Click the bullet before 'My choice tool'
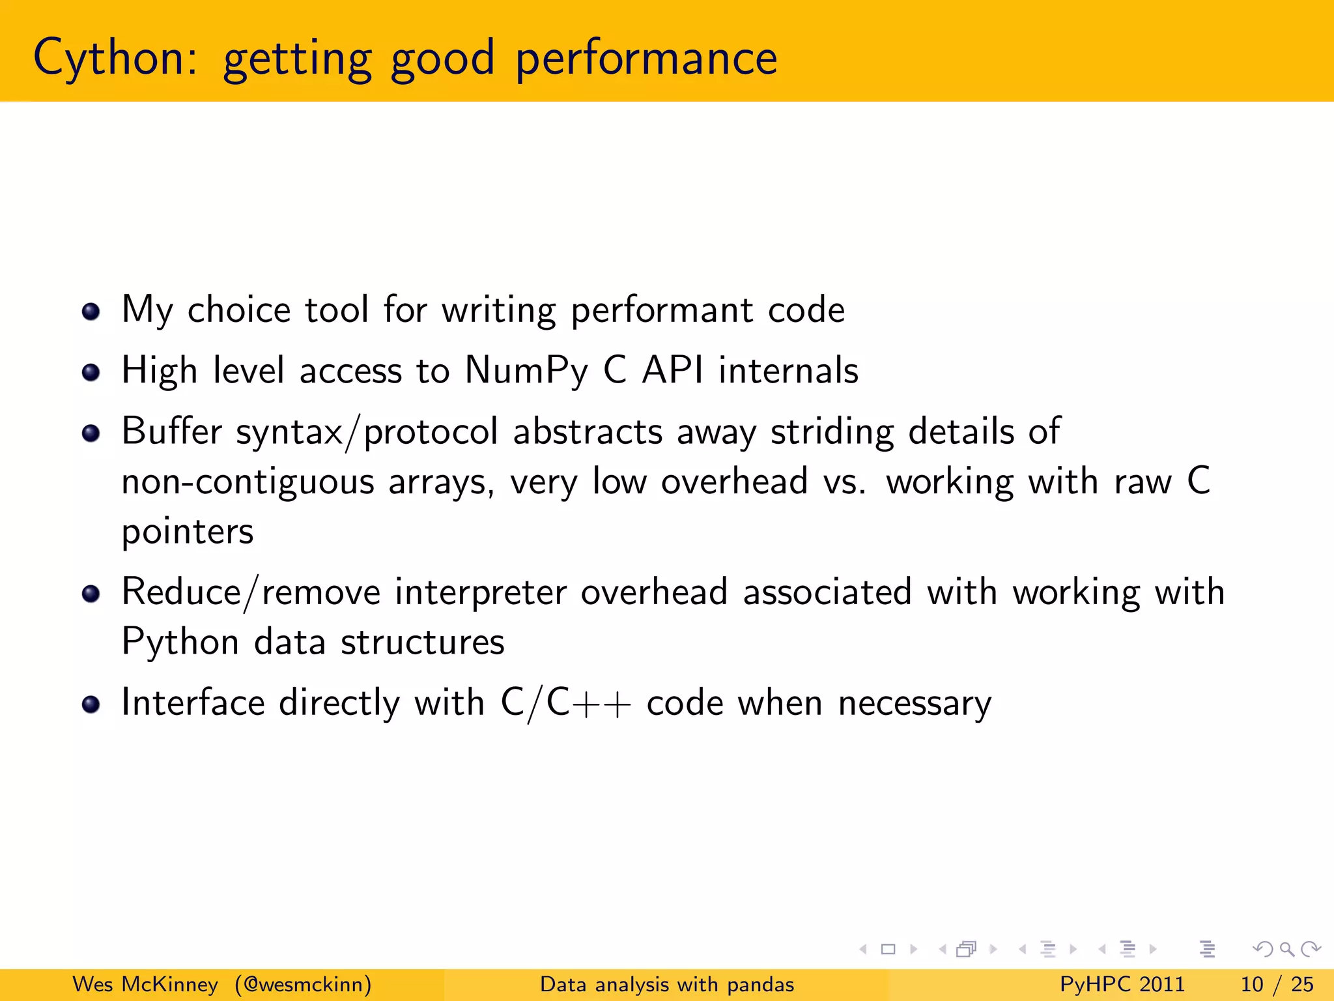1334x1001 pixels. click(91, 312)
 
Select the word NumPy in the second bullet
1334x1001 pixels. click(526, 371)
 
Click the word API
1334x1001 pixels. click(672, 370)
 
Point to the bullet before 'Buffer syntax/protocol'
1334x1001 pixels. click(91, 433)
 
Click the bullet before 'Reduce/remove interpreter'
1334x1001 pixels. click(91, 594)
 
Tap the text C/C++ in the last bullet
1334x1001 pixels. click(565, 704)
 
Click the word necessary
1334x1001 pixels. click(915, 704)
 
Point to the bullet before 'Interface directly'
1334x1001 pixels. click(91, 704)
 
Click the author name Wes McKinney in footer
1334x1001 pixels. click(145, 984)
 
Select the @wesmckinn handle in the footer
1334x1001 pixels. click(303, 984)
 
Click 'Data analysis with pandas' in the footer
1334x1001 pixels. click(667, 984)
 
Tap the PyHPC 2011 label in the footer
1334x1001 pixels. click(1122, 984)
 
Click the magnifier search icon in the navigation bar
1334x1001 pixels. click(1286, 950)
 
